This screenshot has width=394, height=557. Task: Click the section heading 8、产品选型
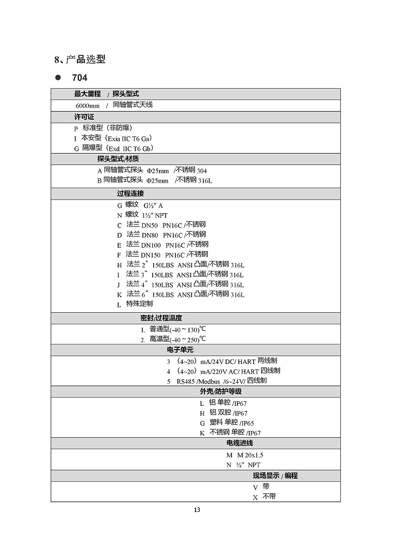[x=80, y=60]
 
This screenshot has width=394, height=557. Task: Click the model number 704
[x=79, y=78]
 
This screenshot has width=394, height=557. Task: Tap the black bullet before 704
[x=58, y=78]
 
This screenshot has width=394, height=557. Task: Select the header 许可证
[x=84, y=117]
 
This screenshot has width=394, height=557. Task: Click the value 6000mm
[x=87, y=105]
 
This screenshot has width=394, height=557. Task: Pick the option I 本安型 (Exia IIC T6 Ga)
[x=113, y=138]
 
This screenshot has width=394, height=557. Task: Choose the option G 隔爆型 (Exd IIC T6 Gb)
[x=114, y=148]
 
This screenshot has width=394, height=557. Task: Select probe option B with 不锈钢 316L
[x=155, y=181]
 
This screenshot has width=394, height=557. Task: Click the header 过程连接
[x=131, y=194]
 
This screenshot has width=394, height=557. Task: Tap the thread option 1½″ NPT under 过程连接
[x=142, y=215]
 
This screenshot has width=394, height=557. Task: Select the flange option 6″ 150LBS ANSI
[x=180, y=295]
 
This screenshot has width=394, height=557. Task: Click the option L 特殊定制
[x=135, y=304]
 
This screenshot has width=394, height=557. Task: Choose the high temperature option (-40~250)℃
[x=173, y=339]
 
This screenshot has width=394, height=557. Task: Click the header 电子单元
[x=180, y=350]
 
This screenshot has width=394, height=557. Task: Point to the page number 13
[x=197, y=510]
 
